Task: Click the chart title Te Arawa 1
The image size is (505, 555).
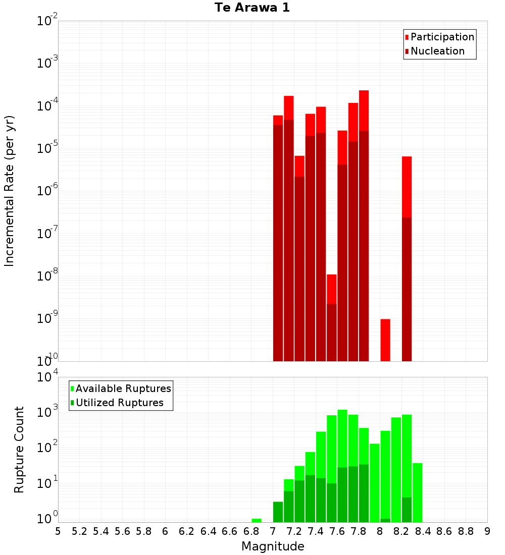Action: click(x=252, y=8)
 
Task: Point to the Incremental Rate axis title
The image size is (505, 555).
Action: click(x=10, y=191)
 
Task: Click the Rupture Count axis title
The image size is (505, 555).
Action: click(x=19, y=450)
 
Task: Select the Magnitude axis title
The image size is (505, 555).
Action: click(x=273, y=546)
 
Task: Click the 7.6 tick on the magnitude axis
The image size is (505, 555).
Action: click(x=337, y=531)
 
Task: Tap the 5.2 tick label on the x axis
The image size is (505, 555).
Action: click(x=79, y=531)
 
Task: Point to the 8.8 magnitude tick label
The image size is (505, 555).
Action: click(x=466, y=531)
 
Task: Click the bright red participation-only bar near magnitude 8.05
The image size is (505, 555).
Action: click(x=385, y=340)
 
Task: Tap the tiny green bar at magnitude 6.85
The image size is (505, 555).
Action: click(x=257, y=520)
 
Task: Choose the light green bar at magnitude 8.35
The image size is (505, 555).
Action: click(x=418, y=492)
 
